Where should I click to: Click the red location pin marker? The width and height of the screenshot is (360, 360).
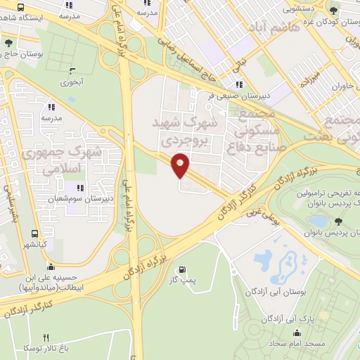(180, 165)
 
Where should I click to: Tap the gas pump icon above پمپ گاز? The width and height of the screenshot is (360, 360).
(183, 269)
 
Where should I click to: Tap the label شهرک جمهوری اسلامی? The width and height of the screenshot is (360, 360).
(62, 160)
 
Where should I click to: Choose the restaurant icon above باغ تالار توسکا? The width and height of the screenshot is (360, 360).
(46, 337)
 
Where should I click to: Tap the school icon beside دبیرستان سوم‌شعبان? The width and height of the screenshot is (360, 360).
(79, 188)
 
